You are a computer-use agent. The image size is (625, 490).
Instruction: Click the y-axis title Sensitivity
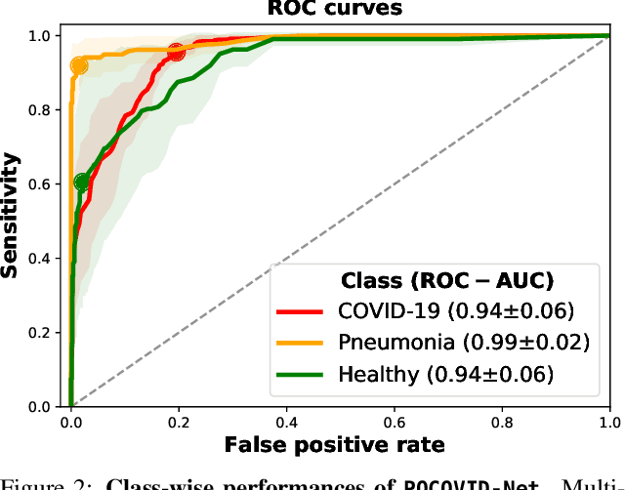[x=11, y=215]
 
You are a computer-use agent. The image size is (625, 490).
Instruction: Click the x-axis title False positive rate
[x=335, y=445]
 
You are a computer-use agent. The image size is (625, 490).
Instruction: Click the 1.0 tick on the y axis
[x=42, y=36]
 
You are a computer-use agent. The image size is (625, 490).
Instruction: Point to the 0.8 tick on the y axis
[x=42, y=110]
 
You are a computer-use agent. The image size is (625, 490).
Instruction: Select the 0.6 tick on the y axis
[x=42, y=184]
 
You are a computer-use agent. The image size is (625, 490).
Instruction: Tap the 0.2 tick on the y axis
[x=42, y=333]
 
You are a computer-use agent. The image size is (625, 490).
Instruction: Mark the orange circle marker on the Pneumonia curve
[x=79, y=66]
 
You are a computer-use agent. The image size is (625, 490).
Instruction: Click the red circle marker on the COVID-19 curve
[x=176, y=53]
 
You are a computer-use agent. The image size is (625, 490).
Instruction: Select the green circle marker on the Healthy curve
[x=82, y=182]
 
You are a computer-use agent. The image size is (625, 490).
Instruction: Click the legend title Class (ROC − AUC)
[x=446, y=281]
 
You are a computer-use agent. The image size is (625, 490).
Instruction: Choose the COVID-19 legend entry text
[x=454, y=312]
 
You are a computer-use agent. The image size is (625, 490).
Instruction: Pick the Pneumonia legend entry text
[x=463, y=343]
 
